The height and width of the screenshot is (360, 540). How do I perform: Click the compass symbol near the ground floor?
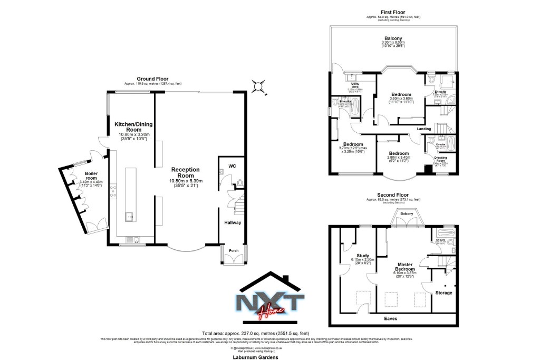click(258, 86)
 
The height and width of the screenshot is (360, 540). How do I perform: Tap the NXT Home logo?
click(269, 303)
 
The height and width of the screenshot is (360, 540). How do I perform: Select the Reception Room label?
click(186, 173)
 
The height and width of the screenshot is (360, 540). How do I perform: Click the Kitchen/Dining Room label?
click(133, 127)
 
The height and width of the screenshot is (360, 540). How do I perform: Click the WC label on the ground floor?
click(232, 166)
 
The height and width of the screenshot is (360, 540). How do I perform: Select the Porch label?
click(233, 250)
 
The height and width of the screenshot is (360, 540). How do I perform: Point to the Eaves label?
click(391, 318)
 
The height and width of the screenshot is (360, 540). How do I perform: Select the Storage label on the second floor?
click(443, 293)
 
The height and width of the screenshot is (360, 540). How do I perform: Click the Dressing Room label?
click(440, 159)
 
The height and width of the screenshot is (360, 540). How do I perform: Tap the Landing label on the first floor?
click(424, 129)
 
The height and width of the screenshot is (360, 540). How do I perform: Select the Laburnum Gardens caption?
click(255, 357)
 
